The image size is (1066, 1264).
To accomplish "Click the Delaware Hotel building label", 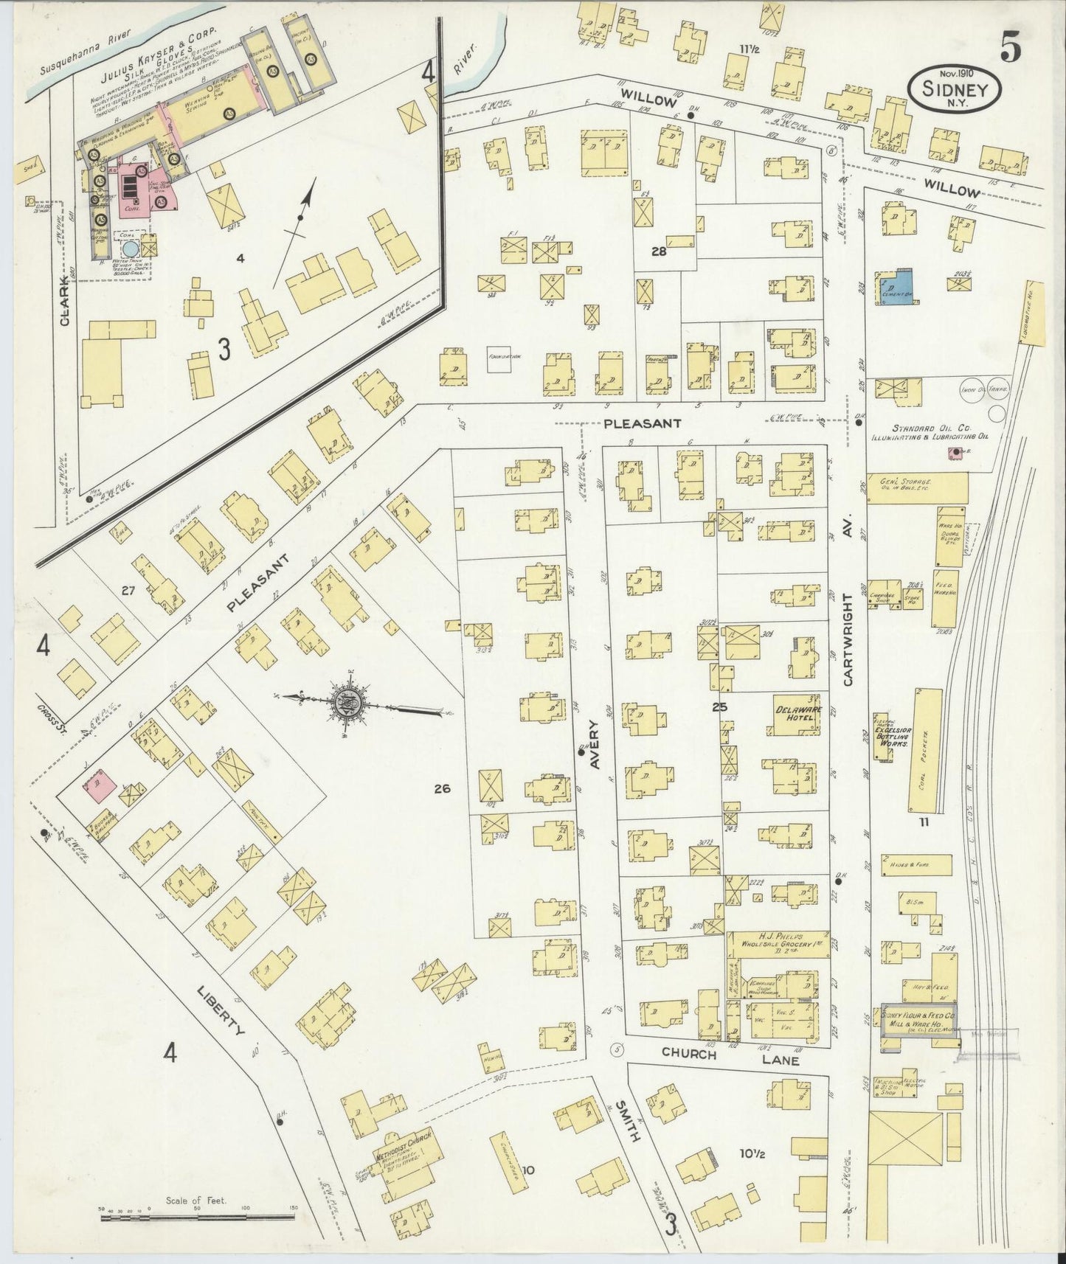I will (x=794, y=713).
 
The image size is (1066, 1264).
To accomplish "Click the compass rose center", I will (x=345, y=703).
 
